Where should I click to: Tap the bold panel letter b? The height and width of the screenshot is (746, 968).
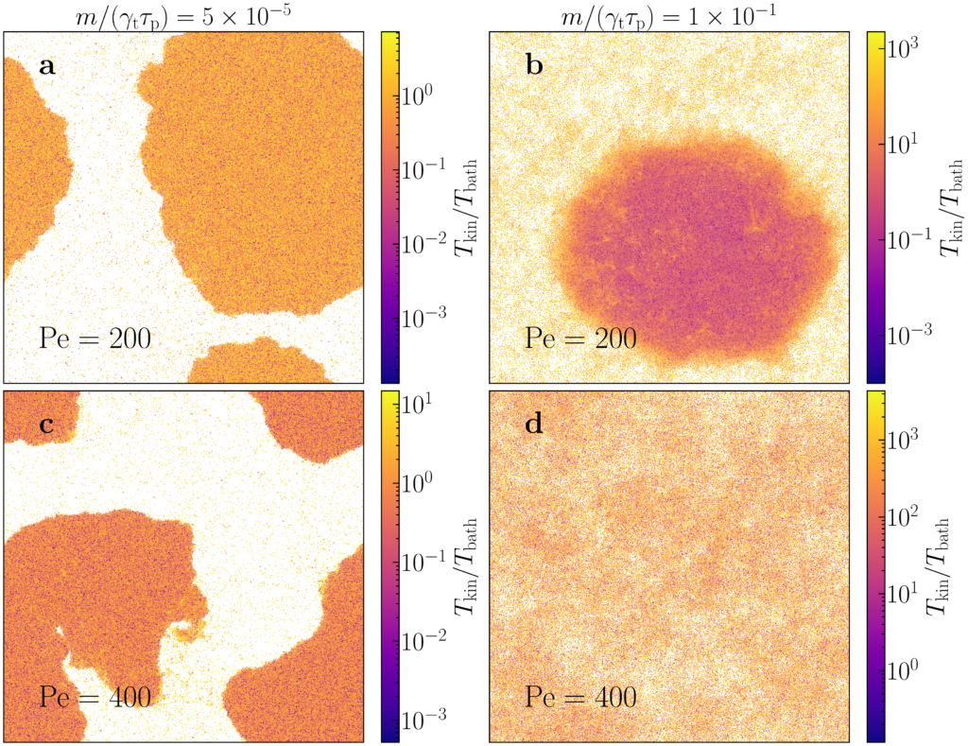click(532, 67)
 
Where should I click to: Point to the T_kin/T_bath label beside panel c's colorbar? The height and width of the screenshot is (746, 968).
click(465, 564)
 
